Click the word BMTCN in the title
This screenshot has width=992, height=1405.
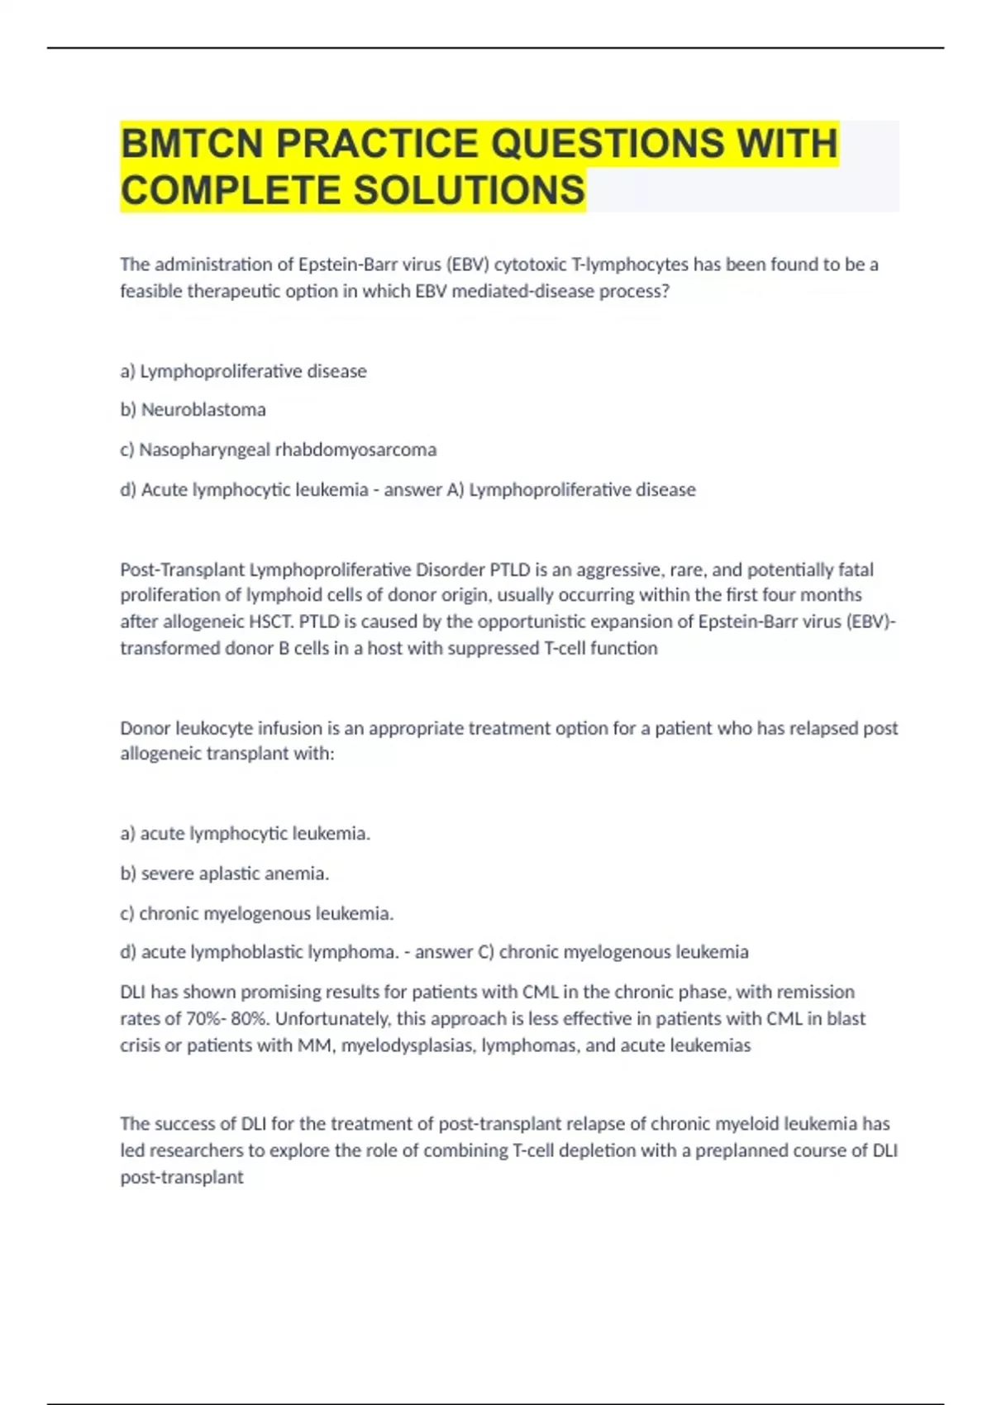click(193, 144)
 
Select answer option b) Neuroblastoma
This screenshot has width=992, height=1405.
click(193, 410)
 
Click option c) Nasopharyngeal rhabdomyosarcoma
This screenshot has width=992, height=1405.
click(279, 450)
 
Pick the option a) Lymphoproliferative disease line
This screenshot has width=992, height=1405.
click(244, 371)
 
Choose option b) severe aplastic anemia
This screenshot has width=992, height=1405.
click(225, 874)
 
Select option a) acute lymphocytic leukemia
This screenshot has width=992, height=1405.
click(246, 833)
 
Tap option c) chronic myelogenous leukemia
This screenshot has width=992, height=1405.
click(257, 913)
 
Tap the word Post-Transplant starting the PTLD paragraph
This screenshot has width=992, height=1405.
click(183, 569)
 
